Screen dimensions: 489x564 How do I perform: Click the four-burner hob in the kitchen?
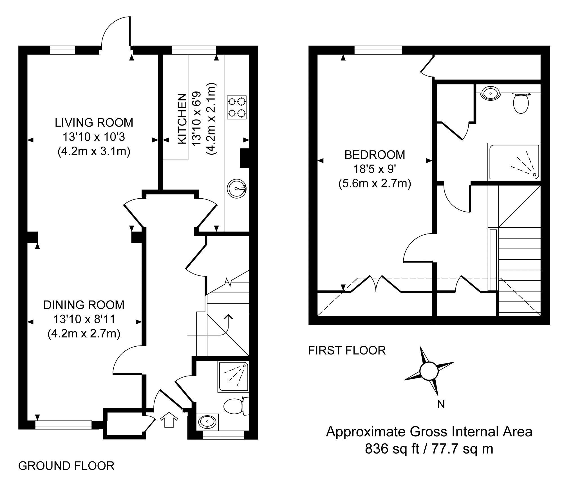237,108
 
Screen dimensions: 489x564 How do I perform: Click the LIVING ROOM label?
94,123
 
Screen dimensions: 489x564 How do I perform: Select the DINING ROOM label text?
84,305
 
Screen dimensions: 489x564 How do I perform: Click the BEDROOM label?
375,155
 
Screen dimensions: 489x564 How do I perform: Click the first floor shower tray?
514,162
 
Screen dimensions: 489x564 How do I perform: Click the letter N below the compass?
441,404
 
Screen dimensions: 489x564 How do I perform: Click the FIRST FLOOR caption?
347,350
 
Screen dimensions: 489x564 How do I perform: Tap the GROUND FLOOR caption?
66,466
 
